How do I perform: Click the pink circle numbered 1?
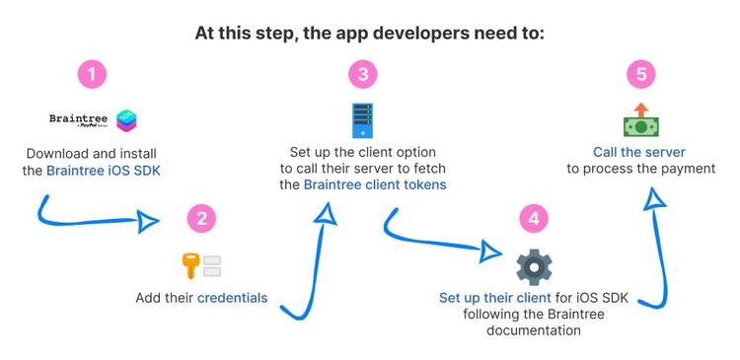coord(92,75)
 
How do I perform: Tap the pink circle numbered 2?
coord(202,220)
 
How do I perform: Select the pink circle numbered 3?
coord(362,75)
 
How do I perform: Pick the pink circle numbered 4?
coord(533,220)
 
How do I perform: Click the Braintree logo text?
coord(79,119)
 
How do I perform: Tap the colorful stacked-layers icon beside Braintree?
coord(127,121)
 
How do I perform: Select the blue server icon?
coord(362,118)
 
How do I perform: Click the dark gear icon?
coord(534,266)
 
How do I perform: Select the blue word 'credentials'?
coord(232,297)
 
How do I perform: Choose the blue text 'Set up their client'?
coord(489,297)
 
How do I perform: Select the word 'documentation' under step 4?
coord(534,330)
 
